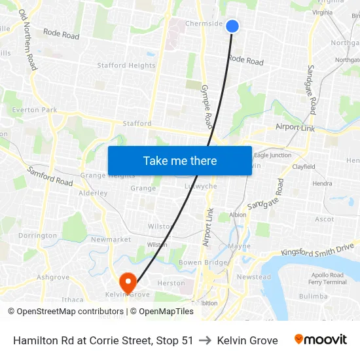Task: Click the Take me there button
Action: pos(180,160)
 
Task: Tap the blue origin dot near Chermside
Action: pos(232,26)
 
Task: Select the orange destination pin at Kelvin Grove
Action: pos(128,283)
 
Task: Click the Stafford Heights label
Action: pos(126,65)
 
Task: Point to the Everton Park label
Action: pos(34,110)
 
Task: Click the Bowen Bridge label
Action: pos(204,262)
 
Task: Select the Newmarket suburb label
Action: pos(111,240)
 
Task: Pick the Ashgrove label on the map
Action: pos(53,277)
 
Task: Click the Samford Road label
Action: pos(50,175)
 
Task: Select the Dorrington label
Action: pos(37,236)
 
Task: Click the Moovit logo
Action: pos(320,340)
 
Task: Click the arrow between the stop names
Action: pos(205,340)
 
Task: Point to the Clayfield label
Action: pos(304,167)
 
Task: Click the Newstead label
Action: pos(253,277)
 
